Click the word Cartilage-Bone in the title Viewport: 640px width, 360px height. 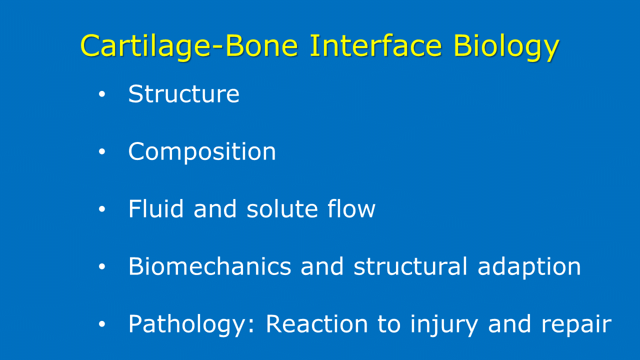point(189,45)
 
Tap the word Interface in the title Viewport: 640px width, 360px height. point(376,45)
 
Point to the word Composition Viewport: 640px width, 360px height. point(202,151)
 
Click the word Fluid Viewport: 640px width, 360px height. point(155,208)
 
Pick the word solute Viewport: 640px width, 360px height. point(282,208)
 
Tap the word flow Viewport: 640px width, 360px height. point(351,208)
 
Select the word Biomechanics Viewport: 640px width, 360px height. point(209,266)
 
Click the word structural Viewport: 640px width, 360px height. point(410,266)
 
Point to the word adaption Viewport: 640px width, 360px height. point(529,267)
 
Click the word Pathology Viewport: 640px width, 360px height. point(191,325)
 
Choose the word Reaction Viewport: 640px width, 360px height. point(316,323)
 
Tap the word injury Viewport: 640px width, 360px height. point(443,325)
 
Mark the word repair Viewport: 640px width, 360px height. point(576,325)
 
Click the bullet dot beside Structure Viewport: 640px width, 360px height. point(102,94)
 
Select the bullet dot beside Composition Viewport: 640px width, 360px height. point(102,151)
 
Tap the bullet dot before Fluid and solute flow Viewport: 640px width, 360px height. point(102,209)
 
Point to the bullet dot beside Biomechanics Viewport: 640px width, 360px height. point(102,266)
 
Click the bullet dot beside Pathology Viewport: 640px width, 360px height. point(102,324)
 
